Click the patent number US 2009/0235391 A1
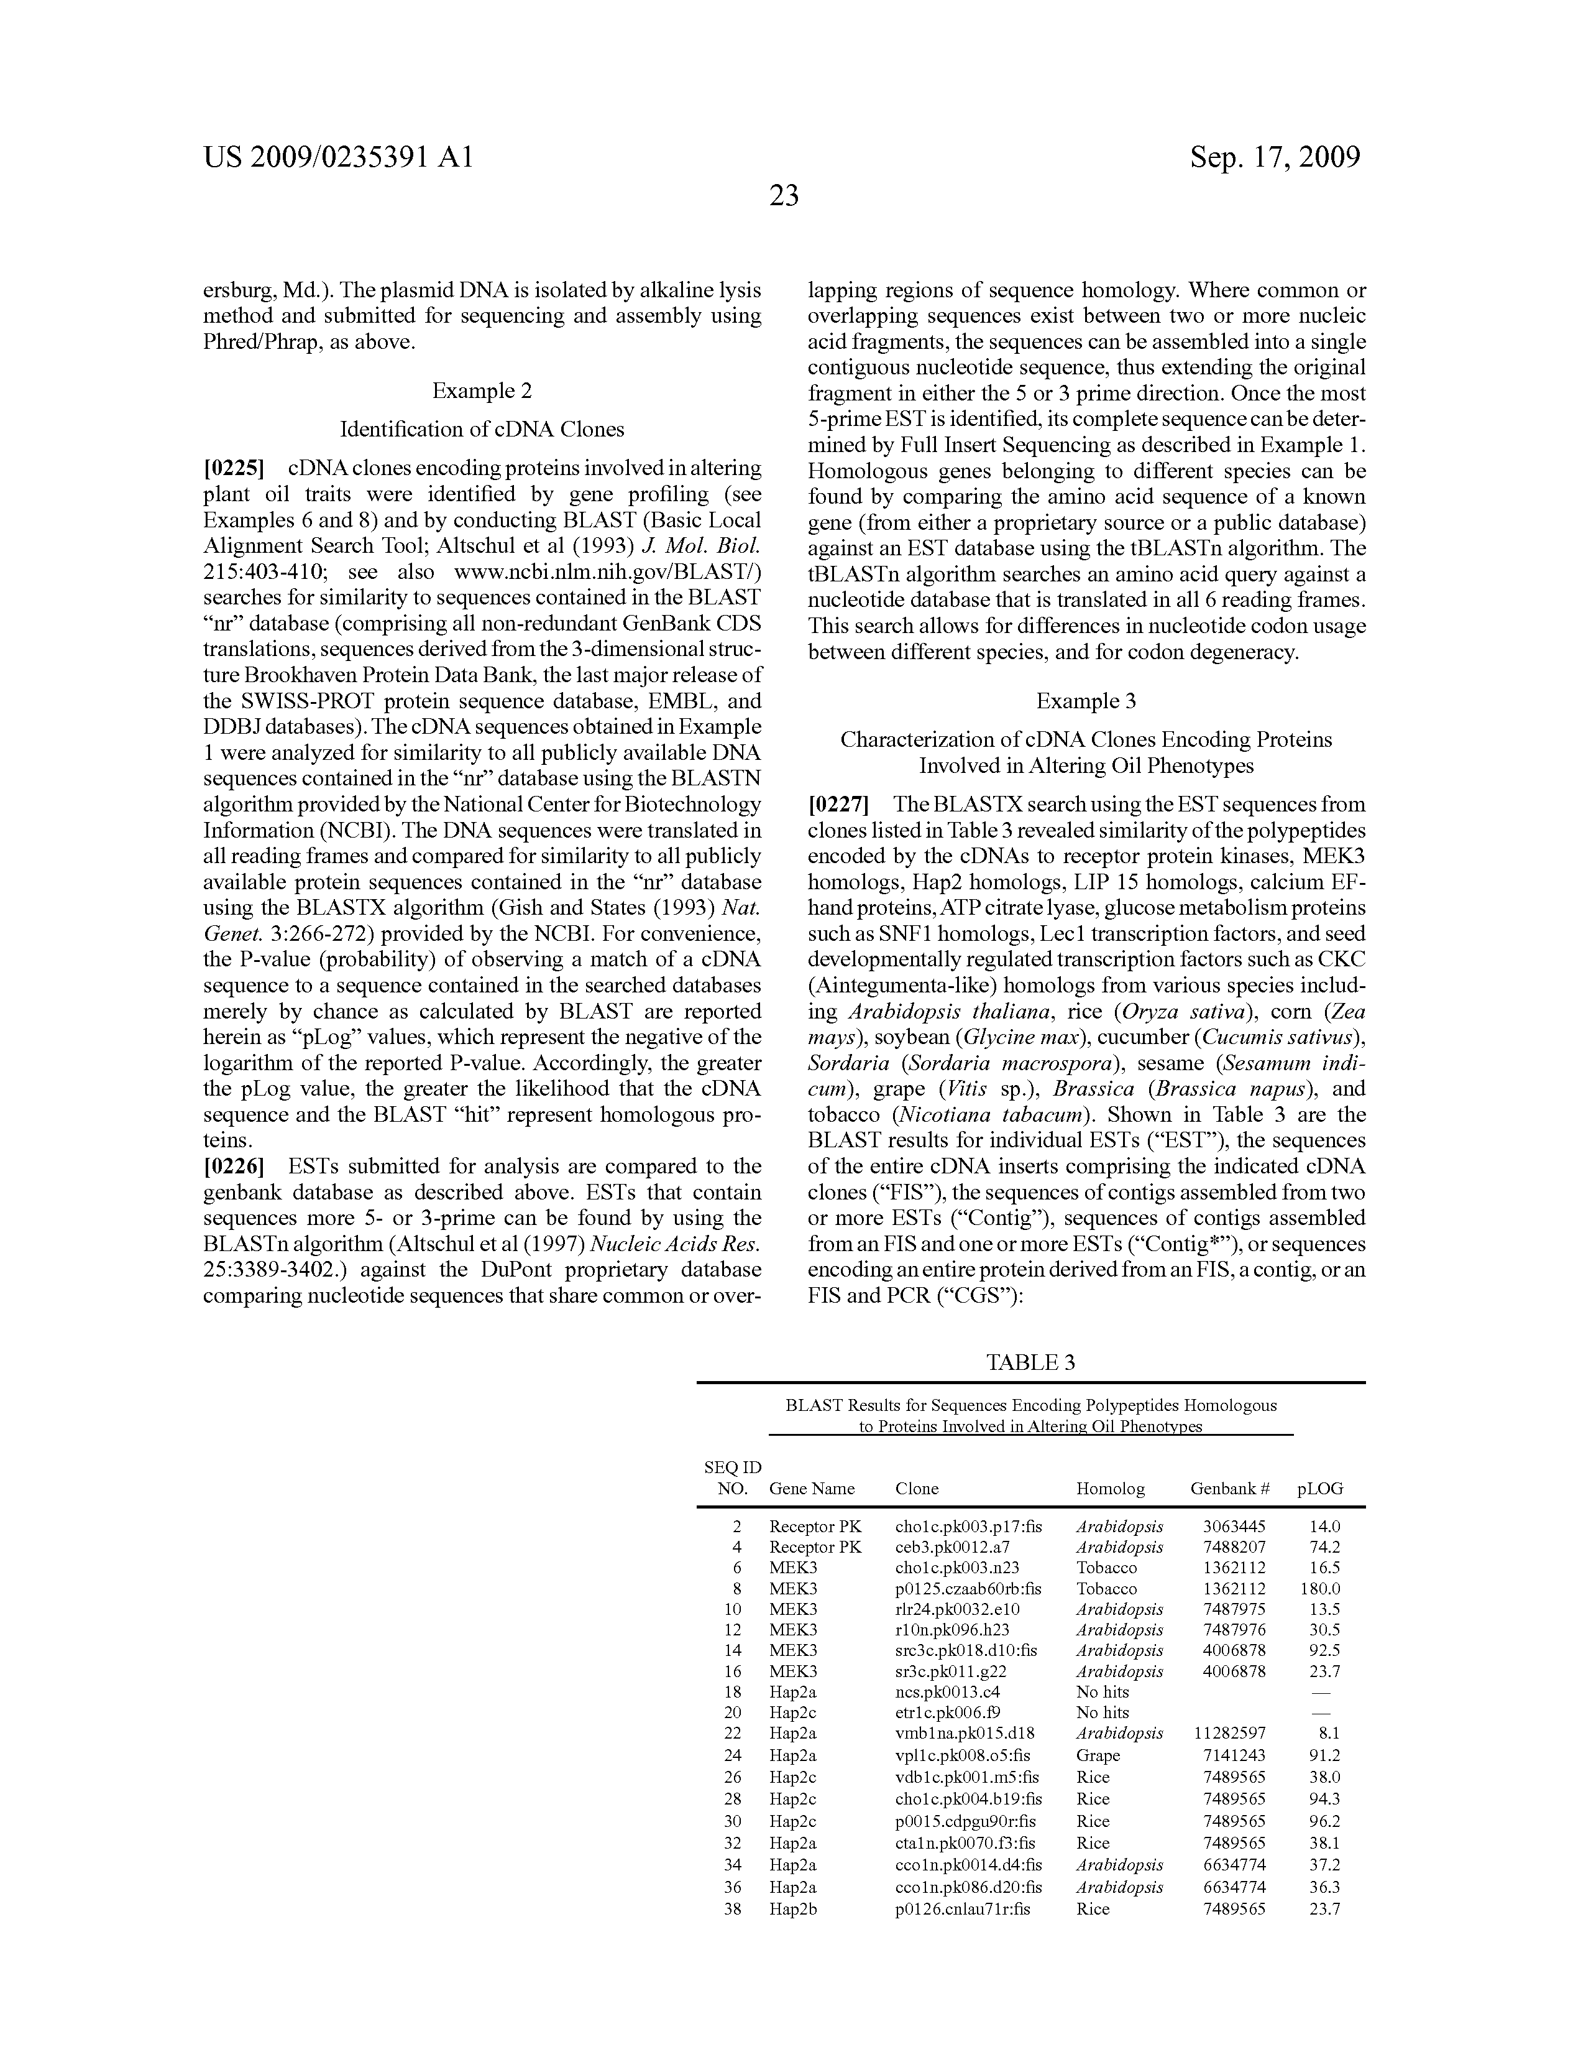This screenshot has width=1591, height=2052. [338, 157]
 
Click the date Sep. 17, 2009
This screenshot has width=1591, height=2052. [1275, 157]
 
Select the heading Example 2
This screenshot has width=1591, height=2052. [482, 391]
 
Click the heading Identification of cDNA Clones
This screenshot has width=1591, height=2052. [482, 430]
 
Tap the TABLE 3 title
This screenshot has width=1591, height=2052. [1030, 1362]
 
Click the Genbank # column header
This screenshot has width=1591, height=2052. [1229, 1488]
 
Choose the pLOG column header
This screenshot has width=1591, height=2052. [1319, 1488]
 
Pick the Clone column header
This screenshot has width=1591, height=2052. [917, 1488]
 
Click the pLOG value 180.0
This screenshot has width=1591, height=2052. [1319, 1589]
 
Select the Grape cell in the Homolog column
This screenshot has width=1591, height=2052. [1098, 1755]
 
